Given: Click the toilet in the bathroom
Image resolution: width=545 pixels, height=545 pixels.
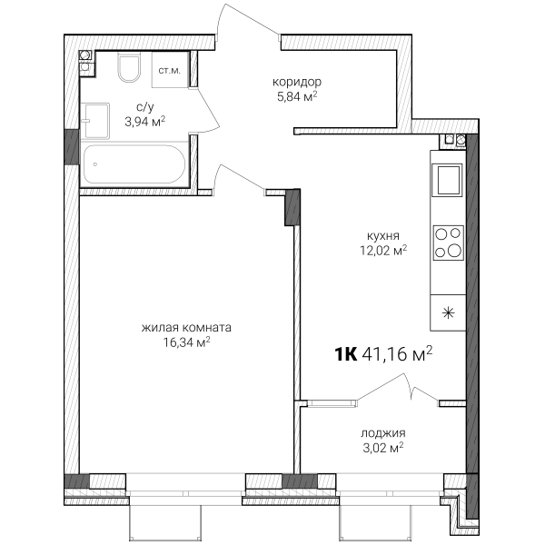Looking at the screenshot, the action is point(129,67).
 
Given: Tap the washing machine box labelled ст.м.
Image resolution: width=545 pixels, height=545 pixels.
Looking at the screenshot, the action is point(171,70).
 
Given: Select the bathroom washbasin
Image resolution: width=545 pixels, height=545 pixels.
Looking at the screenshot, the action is point(94,121).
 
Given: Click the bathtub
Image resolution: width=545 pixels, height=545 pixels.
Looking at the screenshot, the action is point(134,164).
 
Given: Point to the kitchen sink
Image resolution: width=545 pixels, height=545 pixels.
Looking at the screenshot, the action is point(447,180).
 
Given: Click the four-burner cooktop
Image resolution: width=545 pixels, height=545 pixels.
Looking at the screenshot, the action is point(449,243).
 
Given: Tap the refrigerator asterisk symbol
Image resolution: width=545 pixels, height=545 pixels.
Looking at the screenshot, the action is point(449,313).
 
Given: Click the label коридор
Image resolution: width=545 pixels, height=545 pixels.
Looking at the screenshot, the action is point(297,83).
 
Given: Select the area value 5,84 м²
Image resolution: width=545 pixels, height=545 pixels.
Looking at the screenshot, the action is point(297,96).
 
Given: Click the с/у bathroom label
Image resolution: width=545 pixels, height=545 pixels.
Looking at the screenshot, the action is point(145,107).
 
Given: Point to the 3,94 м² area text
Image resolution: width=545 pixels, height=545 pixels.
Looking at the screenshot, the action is point(145,122).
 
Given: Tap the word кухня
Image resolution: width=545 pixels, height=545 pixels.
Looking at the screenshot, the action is point(383,236).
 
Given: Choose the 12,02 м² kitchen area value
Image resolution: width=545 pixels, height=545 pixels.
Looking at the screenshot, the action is point(383,251).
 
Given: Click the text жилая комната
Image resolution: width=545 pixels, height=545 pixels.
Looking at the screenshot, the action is point(186,328).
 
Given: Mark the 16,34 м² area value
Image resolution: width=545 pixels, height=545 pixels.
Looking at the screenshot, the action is point(186,342).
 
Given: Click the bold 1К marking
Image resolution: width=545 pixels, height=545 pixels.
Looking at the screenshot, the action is point(346,354).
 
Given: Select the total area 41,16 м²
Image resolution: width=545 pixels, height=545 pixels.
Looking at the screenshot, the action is point(397,354).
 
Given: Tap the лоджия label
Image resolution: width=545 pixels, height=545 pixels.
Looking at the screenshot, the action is point(383,433).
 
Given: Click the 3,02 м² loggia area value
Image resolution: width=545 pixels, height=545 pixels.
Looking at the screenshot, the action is point(383,448).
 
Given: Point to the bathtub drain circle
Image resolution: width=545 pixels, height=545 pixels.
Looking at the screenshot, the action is point(94,164).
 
